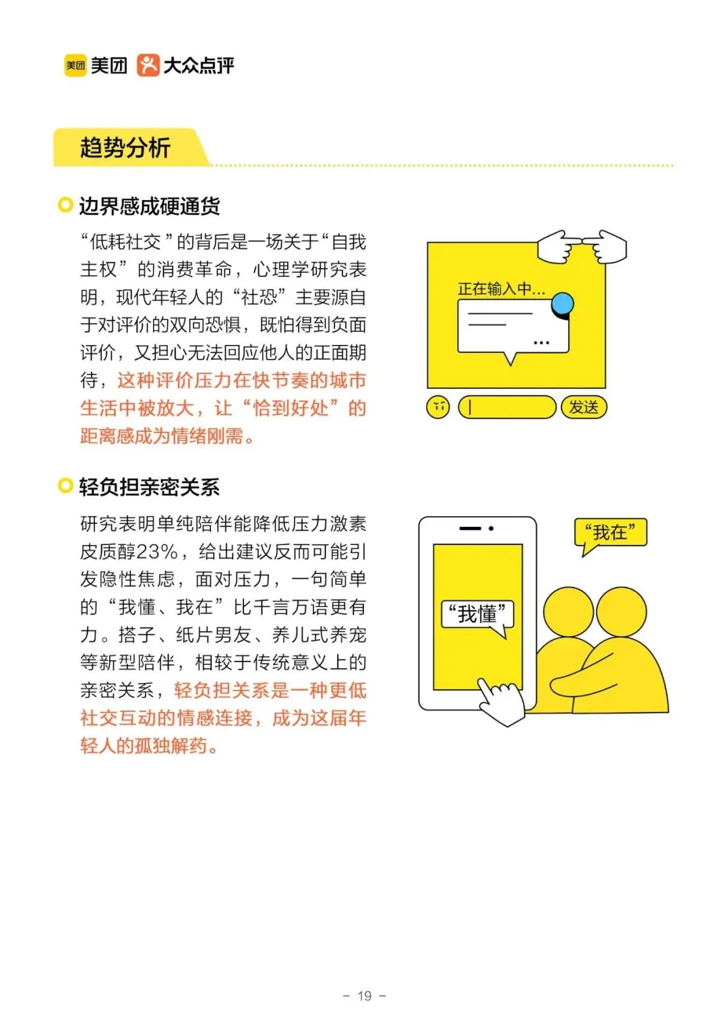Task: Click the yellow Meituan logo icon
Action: click(x=75, y=65)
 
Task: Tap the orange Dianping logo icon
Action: click(x=148, y=65)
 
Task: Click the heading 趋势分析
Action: click(x=125, y=148)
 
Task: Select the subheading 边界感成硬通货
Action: click(x=149, y=206)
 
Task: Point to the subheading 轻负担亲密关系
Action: click(x=149, y=486)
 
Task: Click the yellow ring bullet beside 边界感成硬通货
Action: click(x=65, y=205)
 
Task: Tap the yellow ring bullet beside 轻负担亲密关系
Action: click(x=65, y=485)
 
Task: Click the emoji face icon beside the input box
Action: click(x=437, y=407)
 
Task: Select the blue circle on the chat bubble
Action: click(x=562, y=304)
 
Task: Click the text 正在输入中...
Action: click(x=502, y=289)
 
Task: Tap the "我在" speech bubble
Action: click(x=610, y=535)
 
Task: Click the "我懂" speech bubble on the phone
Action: click(x=477, y=617)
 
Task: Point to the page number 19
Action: click(x=364, y=996)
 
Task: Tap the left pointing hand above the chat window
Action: click(x=560, y=247)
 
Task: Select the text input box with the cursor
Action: click(x=507, y=407)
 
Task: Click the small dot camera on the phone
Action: click(x=491, y=528)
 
